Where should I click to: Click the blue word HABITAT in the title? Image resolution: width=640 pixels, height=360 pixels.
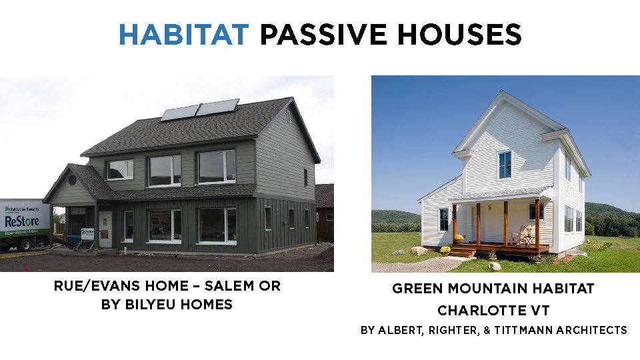pos(184,34)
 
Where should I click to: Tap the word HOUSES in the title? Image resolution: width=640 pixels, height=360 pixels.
pos(459,34)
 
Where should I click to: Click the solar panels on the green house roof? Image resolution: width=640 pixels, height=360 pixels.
pos(199,109)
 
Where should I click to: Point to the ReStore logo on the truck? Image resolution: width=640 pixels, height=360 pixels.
pos(21,221)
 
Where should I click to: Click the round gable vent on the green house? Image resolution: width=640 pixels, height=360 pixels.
pos(72,179)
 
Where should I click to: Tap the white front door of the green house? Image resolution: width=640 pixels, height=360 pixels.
pos(105,229)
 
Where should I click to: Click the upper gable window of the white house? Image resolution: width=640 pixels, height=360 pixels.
pos(505,165)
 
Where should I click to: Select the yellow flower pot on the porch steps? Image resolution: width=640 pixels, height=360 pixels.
pos(445,250)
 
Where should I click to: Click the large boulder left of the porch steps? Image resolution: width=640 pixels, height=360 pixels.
pos(419,251)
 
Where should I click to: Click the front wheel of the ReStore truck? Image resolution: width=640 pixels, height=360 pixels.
pos(24,245)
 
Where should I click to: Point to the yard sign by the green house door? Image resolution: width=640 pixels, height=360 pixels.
pos(87,234)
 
